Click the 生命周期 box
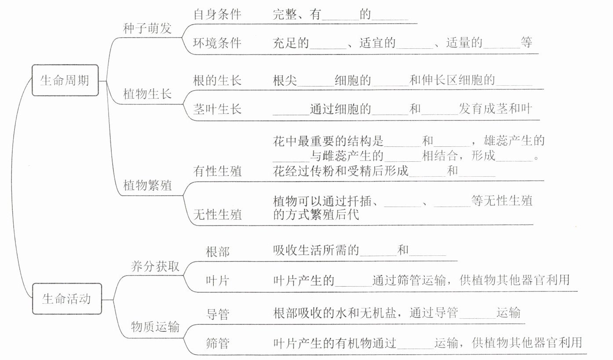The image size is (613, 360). click(x=65, y=80)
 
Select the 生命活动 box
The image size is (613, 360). click(x=66, y=299)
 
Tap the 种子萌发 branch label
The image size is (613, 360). click(x=147, y=29)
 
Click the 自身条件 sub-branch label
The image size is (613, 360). click(x=217, y=14)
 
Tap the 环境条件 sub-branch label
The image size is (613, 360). click(x=217, y=43)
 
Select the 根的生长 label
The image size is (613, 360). click(x=217, y=81)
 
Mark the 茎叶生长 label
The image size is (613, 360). click(x=217, y=109)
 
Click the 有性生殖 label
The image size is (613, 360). click(x=217, y=171)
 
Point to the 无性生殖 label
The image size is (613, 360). click(x=217, y=215)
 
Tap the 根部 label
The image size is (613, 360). click(x=217, y=251)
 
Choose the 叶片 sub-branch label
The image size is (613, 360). click(x=217, y=280)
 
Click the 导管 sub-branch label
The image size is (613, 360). click(x=217, y=314)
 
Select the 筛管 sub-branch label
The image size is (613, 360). click(x=217, y=343)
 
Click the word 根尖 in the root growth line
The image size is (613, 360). click(x=285, y=81)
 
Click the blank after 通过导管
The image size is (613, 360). click(x=477, y=313)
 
